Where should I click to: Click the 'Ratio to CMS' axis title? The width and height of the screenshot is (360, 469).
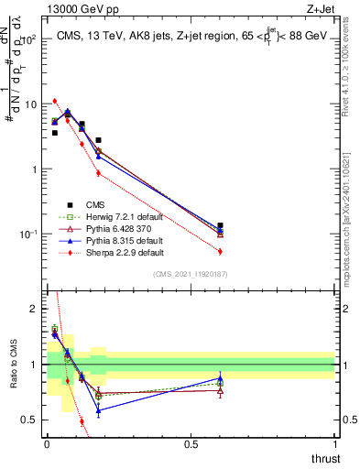[14, 365]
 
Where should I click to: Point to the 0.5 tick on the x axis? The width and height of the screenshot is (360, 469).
[191, 443]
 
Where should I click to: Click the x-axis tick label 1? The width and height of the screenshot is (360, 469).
[334, 443]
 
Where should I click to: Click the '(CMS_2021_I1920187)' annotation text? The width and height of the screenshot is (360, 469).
[190, 275]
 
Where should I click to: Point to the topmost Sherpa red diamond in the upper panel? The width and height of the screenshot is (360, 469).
[55, 101]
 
